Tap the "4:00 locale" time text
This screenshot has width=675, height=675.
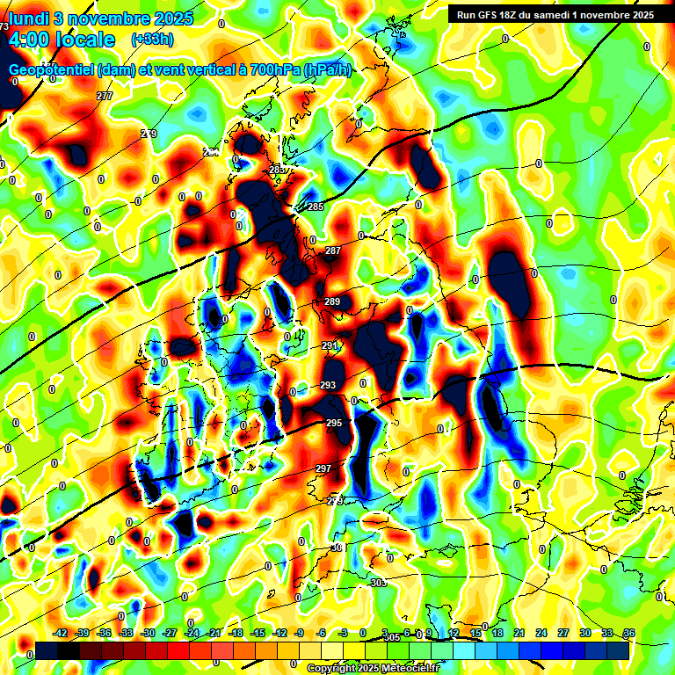click(x=61, y=40)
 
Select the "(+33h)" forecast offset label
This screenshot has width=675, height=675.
click(x=151, y=40)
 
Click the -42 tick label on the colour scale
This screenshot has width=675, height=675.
click(x=61, y=633)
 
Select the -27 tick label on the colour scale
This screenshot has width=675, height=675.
click(x=170, y=633)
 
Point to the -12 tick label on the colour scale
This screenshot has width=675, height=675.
click(x=279, y=633)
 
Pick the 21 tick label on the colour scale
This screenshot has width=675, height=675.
click(x=519, y=633)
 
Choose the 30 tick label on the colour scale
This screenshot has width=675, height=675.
click(x=585, y=633)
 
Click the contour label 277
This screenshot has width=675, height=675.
click(x=105, y=96)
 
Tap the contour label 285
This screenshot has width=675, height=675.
click(x=316, y=207)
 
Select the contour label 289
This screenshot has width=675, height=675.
click(x=331, y=302)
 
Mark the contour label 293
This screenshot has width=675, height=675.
click(x=328, y=386)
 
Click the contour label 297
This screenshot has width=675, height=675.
click(x=323, y=468)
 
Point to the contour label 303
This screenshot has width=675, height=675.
click(x=378, y=584)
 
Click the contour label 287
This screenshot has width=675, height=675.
click(x=333, y=251)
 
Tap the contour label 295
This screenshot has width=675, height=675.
click(x=334, y=424)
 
